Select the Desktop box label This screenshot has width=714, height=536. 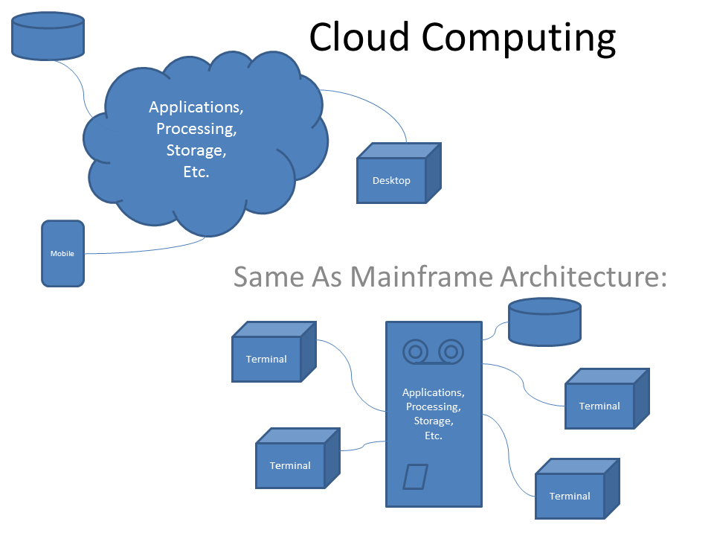click(x=391, y=180)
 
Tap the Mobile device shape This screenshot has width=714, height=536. click(x=62, y=254)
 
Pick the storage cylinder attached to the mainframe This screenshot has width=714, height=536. click(x=544, y=322)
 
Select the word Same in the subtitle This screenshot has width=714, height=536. click(x=268, y=276)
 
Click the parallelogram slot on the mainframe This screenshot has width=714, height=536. click(x=416, y=476)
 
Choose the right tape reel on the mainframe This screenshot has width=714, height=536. click(x=451, y=351)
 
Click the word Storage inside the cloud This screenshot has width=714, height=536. click(x=196, y=150)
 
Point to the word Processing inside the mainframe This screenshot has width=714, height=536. click(x=433, y=406)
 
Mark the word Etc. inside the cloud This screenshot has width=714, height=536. click(x=196, y=172)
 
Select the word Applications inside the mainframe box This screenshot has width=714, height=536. click(x=433, y=392)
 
